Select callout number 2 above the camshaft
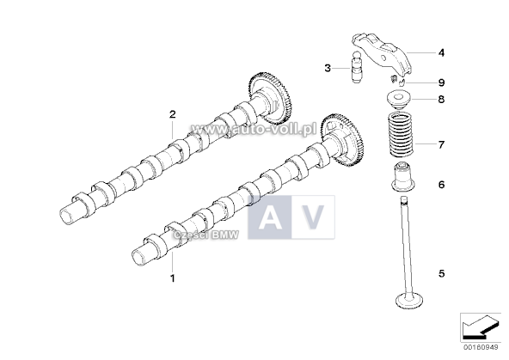[172, 113]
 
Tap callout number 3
[328, 67]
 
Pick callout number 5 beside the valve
[441, 274]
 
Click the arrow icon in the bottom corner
[479, 327]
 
